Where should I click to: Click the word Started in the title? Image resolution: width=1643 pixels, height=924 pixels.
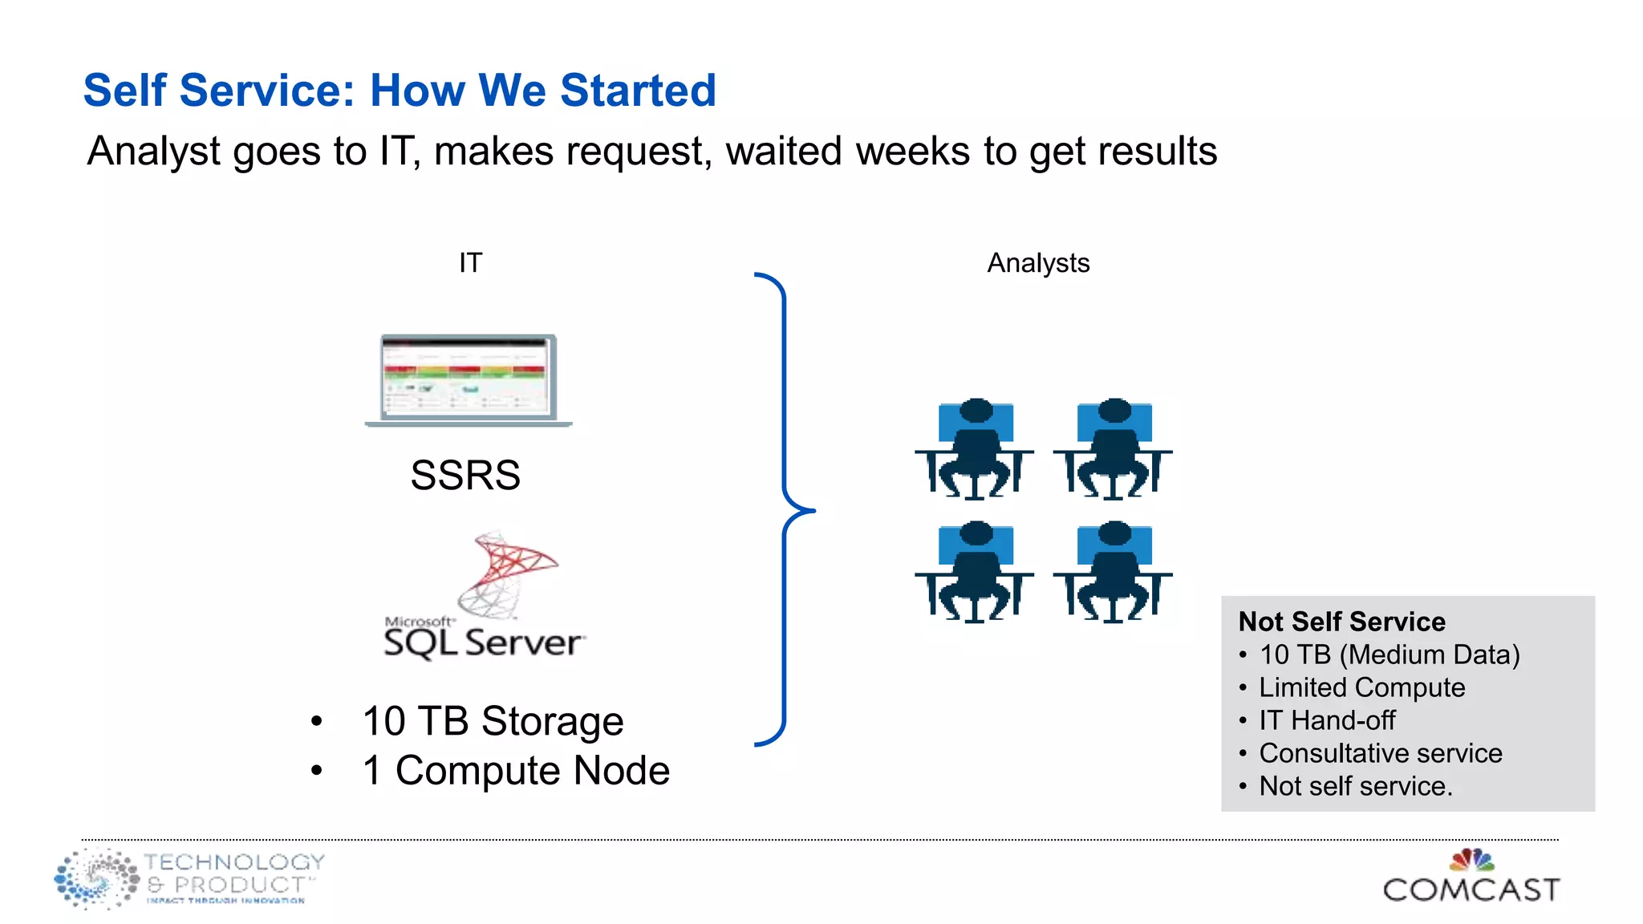(638, 90)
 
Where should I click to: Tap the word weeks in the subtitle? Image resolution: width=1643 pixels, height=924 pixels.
(913, 151)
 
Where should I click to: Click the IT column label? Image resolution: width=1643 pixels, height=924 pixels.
(470, 263)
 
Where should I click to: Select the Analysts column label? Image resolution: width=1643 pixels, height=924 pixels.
(1038, 263)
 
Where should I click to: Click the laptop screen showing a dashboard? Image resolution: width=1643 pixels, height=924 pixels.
(468, 377)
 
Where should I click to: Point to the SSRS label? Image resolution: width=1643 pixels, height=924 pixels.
(465, 475)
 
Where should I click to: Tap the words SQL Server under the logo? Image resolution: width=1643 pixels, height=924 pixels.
(484, 643)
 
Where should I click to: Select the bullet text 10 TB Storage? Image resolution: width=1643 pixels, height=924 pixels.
(493, 720)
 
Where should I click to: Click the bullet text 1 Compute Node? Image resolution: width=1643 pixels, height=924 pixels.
(516, 770)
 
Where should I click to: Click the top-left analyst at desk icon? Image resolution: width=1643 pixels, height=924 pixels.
(975, 449)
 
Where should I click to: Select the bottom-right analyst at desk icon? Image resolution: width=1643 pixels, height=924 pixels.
(1114, 572)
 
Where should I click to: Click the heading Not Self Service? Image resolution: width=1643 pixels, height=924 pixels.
(1341, 622)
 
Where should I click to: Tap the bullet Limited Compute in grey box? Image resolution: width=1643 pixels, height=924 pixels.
(1361, 687)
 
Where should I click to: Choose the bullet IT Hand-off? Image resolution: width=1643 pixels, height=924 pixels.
(1327, 720)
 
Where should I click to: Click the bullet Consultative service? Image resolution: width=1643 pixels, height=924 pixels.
(1380, 753)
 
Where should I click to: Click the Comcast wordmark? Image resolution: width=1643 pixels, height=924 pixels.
(1471, 890)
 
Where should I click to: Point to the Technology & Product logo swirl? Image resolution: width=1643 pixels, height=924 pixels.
(96, 879)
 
